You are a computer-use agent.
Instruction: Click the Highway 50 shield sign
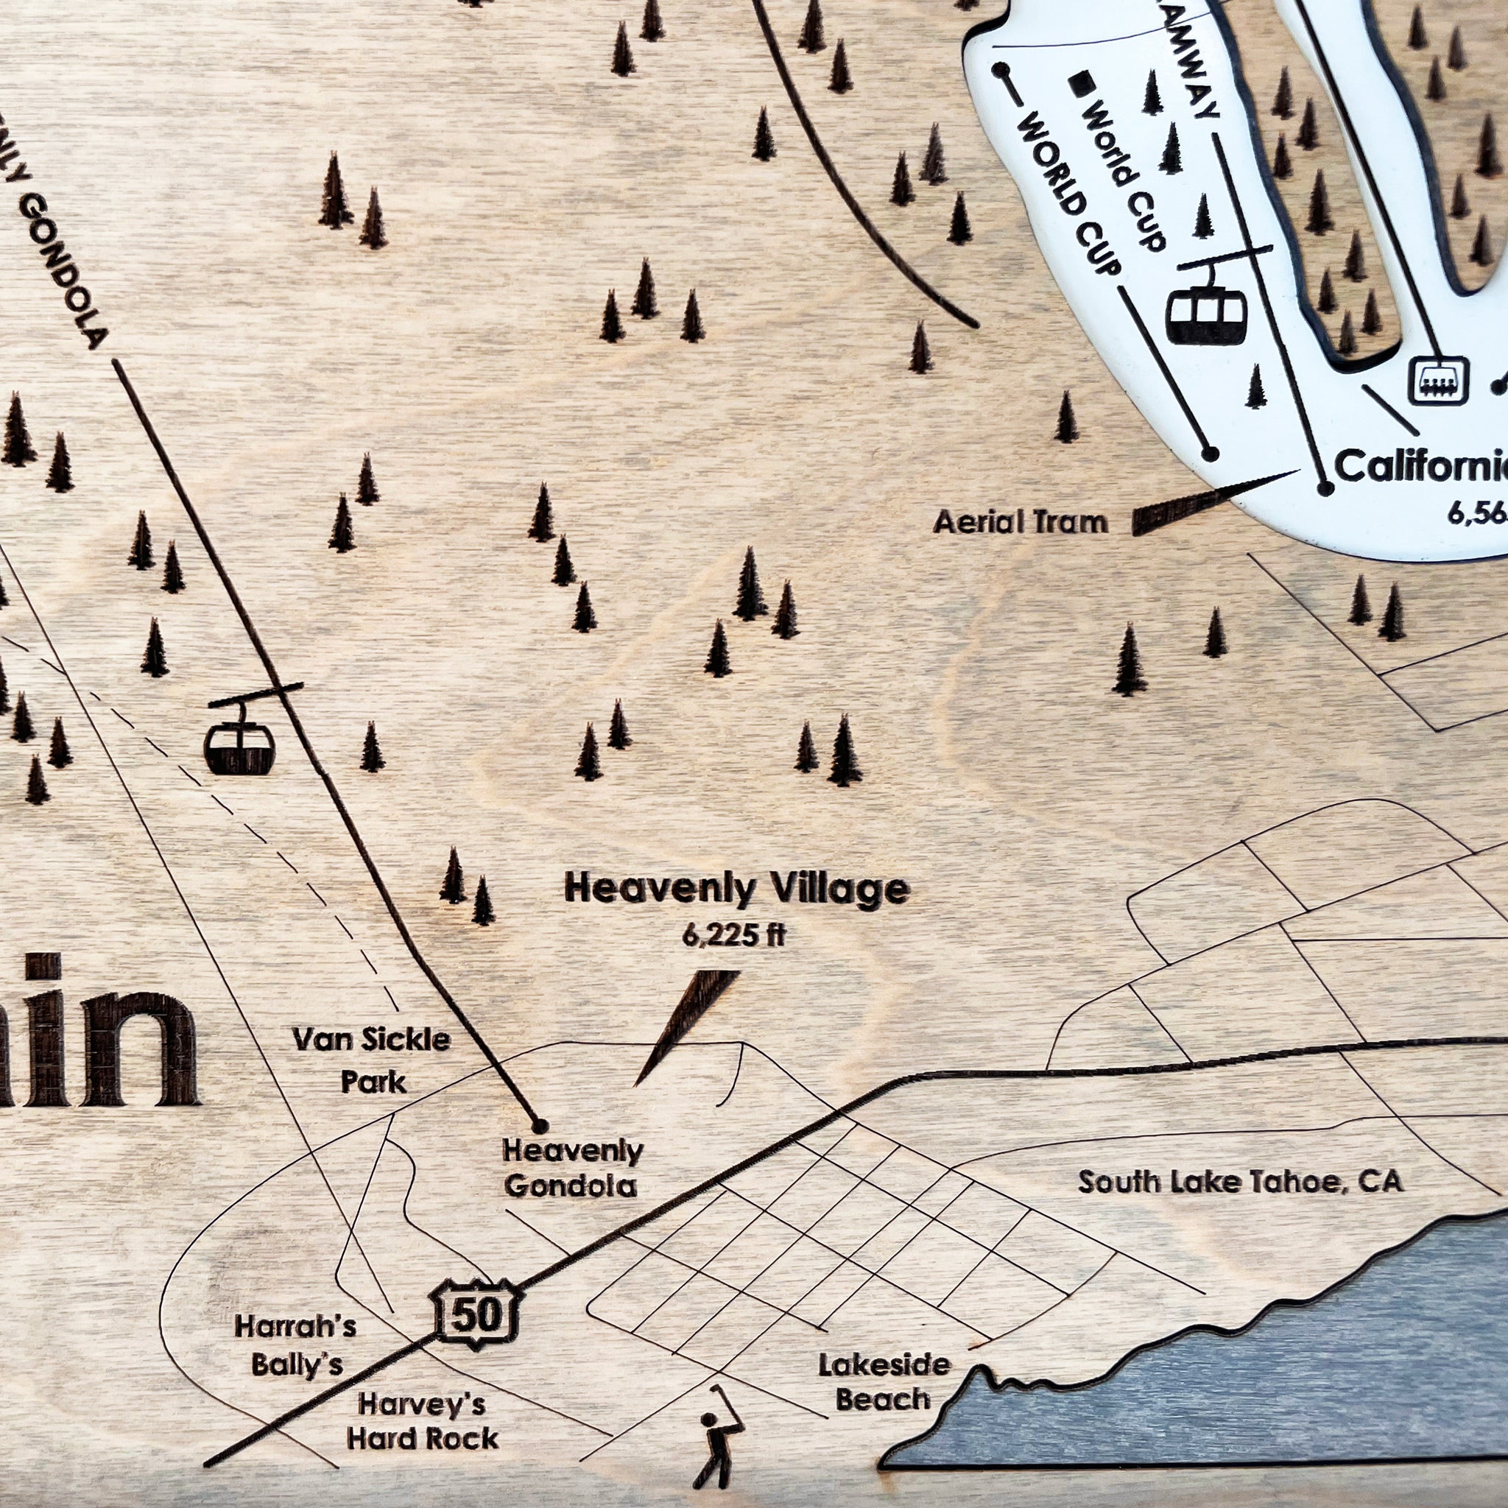476,1315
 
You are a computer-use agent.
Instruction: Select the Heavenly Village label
737,889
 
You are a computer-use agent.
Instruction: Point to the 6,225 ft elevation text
733,936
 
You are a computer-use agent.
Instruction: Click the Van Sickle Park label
373,1060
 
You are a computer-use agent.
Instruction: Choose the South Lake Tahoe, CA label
1240,1181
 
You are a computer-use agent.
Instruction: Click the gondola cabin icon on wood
239,745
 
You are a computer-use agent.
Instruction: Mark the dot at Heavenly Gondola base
538,1126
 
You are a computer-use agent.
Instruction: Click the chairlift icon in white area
1438,381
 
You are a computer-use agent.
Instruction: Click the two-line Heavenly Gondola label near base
572,1168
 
